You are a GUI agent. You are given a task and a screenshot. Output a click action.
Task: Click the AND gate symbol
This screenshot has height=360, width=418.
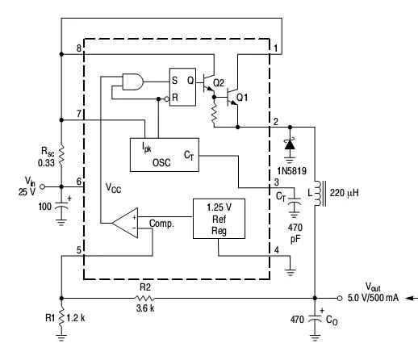coord(132,82)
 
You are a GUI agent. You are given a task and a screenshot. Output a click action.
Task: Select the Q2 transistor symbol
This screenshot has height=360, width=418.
coord(208,82)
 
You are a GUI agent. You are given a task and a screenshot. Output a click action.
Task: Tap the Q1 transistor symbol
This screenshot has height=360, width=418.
coord(232,97)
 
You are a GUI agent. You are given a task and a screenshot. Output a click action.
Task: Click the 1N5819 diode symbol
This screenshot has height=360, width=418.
coord(290,144)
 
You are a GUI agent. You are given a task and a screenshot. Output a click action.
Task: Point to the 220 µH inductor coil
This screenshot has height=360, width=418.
coord(318,193)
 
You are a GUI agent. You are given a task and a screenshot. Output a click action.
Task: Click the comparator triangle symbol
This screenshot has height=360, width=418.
coord(125,223)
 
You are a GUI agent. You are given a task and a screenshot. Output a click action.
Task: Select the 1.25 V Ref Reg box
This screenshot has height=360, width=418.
coord(219,219)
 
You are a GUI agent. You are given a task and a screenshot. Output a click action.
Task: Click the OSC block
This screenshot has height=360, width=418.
coord(165,155)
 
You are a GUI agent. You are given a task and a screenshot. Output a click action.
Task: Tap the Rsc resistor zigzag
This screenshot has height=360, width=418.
coord(61,155)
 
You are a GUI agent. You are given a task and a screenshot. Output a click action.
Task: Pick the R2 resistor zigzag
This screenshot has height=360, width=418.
coord(144,298)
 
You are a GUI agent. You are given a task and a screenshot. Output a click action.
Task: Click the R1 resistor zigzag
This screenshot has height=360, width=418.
coord(61,318)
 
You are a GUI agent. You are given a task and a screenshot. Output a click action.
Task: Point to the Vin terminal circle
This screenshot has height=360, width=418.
coord(42,186)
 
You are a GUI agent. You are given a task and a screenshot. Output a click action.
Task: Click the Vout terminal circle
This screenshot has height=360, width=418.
coord(340,298)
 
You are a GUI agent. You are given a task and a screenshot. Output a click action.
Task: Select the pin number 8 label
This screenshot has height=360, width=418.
coord(78,48)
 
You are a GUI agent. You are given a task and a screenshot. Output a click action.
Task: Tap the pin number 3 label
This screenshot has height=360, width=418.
coord(277,182)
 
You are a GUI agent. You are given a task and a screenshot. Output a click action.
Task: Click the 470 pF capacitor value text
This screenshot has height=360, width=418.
coord(295,233)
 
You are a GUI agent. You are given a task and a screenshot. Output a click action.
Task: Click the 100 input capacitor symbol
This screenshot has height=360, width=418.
coord(61,206)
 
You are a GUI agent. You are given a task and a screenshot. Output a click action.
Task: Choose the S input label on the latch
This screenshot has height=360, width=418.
coord(174,80)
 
